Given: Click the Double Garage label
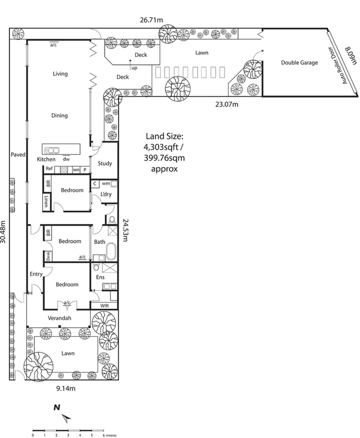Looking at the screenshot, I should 299,62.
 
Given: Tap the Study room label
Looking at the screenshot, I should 105,163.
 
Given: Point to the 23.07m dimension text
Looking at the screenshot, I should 227,104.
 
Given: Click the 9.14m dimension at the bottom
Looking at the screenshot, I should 65,388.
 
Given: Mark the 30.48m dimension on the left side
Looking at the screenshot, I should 4,232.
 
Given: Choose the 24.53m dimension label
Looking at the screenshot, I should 126,230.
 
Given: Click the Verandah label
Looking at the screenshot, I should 59,318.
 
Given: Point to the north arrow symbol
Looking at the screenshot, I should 66,416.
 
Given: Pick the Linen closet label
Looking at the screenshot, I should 47,202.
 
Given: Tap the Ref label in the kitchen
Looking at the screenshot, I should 49,169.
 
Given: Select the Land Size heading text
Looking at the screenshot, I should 164,137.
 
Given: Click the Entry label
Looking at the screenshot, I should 36,274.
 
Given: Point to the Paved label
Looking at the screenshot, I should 18,155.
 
